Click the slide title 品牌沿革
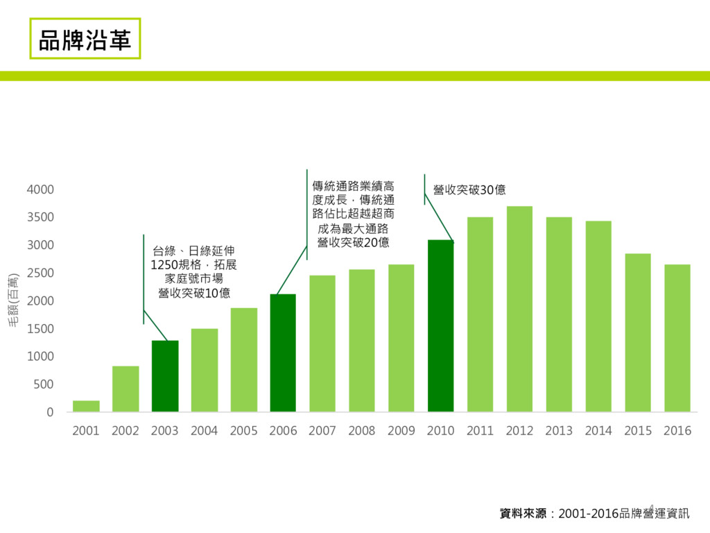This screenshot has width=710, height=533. pyautogui.click(x=85, y=39)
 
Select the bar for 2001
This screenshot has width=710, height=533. pyautogui.click(x=86, y=406)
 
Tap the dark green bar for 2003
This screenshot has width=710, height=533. pyautogui.click(x=165, y=376)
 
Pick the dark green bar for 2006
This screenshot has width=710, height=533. pyautogui.click(x=283, y=353)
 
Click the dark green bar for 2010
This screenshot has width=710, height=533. pyautogui.click(x=440, y=325)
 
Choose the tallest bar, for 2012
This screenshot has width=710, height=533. pyautogui.click(x=519, y=309)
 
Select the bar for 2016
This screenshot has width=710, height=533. pyautogui.click(x=677, y=338)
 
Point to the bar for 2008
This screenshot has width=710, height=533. pyautogui.click(x=361, y=340)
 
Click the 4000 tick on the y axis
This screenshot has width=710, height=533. pyautogui.click(x=41, y=189)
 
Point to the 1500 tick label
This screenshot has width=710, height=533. pyautogui.click(x=41, y=328)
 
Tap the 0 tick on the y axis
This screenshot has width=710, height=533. pyautogui.click(x=50, y=412)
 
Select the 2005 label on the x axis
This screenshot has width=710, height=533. pyautogui.click(x=243, y=431)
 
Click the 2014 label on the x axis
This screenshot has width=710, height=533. pyautogui.click(x=598, y=431)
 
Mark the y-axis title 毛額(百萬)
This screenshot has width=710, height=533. pyautogui.click(x=13, y=301)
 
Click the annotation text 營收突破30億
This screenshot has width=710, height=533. pyautogui.click(x=469, y=189)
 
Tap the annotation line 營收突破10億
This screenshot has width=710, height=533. pyautogui.click(x=194, y=293)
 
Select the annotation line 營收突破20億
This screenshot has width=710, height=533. pyautogui.click(x=353, y=242)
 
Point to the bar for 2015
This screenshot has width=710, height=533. pyautogui.click(x=637, y=332)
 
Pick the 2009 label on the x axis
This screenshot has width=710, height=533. pyautogui.click(x=401, y=431)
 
